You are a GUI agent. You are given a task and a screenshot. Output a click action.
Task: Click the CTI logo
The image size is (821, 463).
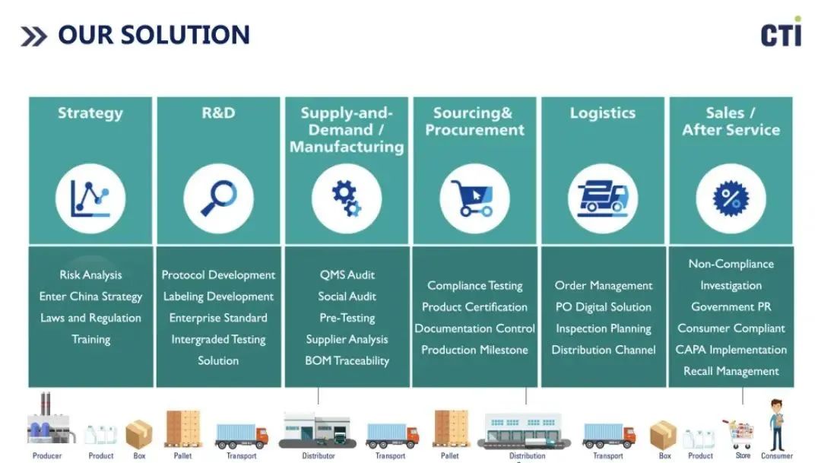(x=781, y=34)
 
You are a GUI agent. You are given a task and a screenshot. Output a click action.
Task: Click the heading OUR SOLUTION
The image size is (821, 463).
(x=153, y=35)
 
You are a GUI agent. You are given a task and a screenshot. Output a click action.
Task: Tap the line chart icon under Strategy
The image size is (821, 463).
(x=90, y=198)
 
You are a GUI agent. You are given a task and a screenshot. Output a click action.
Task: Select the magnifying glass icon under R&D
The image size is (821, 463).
(x=218, y=198)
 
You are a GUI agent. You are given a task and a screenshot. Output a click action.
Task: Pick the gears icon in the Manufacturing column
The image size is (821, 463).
(x=347, y=198)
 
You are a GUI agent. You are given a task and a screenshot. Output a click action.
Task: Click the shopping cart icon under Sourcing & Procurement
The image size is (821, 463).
(x=474, y=198)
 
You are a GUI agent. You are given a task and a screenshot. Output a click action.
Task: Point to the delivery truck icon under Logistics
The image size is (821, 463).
(x=602, y=198)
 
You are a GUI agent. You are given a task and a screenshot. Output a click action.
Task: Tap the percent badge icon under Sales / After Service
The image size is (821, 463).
(x=731, y=198)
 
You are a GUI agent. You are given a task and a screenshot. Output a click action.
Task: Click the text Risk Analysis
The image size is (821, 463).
(x=90, y=275)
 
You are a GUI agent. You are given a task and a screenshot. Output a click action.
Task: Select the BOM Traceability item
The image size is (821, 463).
(x=347, y=360)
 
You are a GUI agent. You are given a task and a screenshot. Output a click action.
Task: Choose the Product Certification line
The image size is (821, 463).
(x=474, y=307)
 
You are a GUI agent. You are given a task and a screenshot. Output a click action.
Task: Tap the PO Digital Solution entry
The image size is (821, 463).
(x=603, y=307)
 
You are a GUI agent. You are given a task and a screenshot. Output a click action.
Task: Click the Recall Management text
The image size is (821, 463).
(x=731, y=371)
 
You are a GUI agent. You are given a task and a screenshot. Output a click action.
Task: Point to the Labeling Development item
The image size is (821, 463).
(x=218, y=297)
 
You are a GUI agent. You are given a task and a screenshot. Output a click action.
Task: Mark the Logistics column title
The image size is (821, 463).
(x=602, y=113)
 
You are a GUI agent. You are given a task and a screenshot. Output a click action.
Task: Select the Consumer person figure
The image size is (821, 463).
(x=776, y=425)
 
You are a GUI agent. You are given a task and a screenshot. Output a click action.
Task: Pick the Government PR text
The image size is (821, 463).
(x=731, y=307)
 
